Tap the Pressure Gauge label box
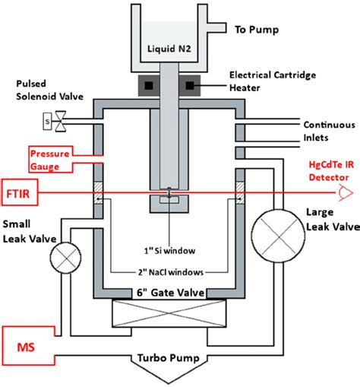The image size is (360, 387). pos(48,159)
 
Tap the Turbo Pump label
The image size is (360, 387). pos(179,357)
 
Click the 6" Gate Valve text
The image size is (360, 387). pos(178,289)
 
